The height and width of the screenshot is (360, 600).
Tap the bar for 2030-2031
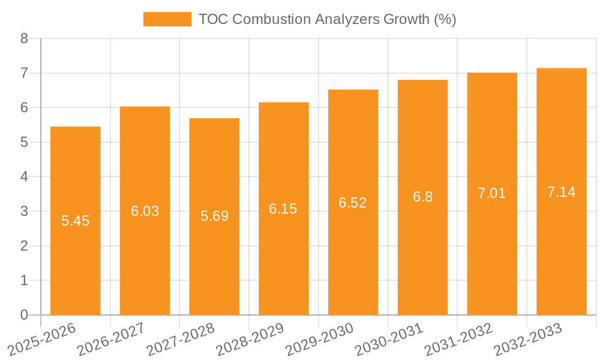coord(422,252)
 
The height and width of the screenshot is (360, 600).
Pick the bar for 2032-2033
coord(562,252)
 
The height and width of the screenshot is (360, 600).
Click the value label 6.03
coord(145,211)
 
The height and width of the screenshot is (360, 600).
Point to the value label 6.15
coord(283,209)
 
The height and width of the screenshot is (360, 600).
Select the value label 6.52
coord(353,203)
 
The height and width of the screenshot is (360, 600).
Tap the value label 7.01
coord(492,193)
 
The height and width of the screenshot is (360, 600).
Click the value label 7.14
coord(562,192)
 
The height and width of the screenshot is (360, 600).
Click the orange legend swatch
coord(167,19)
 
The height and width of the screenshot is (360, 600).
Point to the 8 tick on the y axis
coord(24,39)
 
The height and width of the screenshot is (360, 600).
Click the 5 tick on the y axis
coord(24,142)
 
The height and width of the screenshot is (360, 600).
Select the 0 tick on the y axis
coord(24,315)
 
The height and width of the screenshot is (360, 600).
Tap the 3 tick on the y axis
coord(24,211)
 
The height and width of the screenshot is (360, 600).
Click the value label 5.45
coord(75,221)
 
